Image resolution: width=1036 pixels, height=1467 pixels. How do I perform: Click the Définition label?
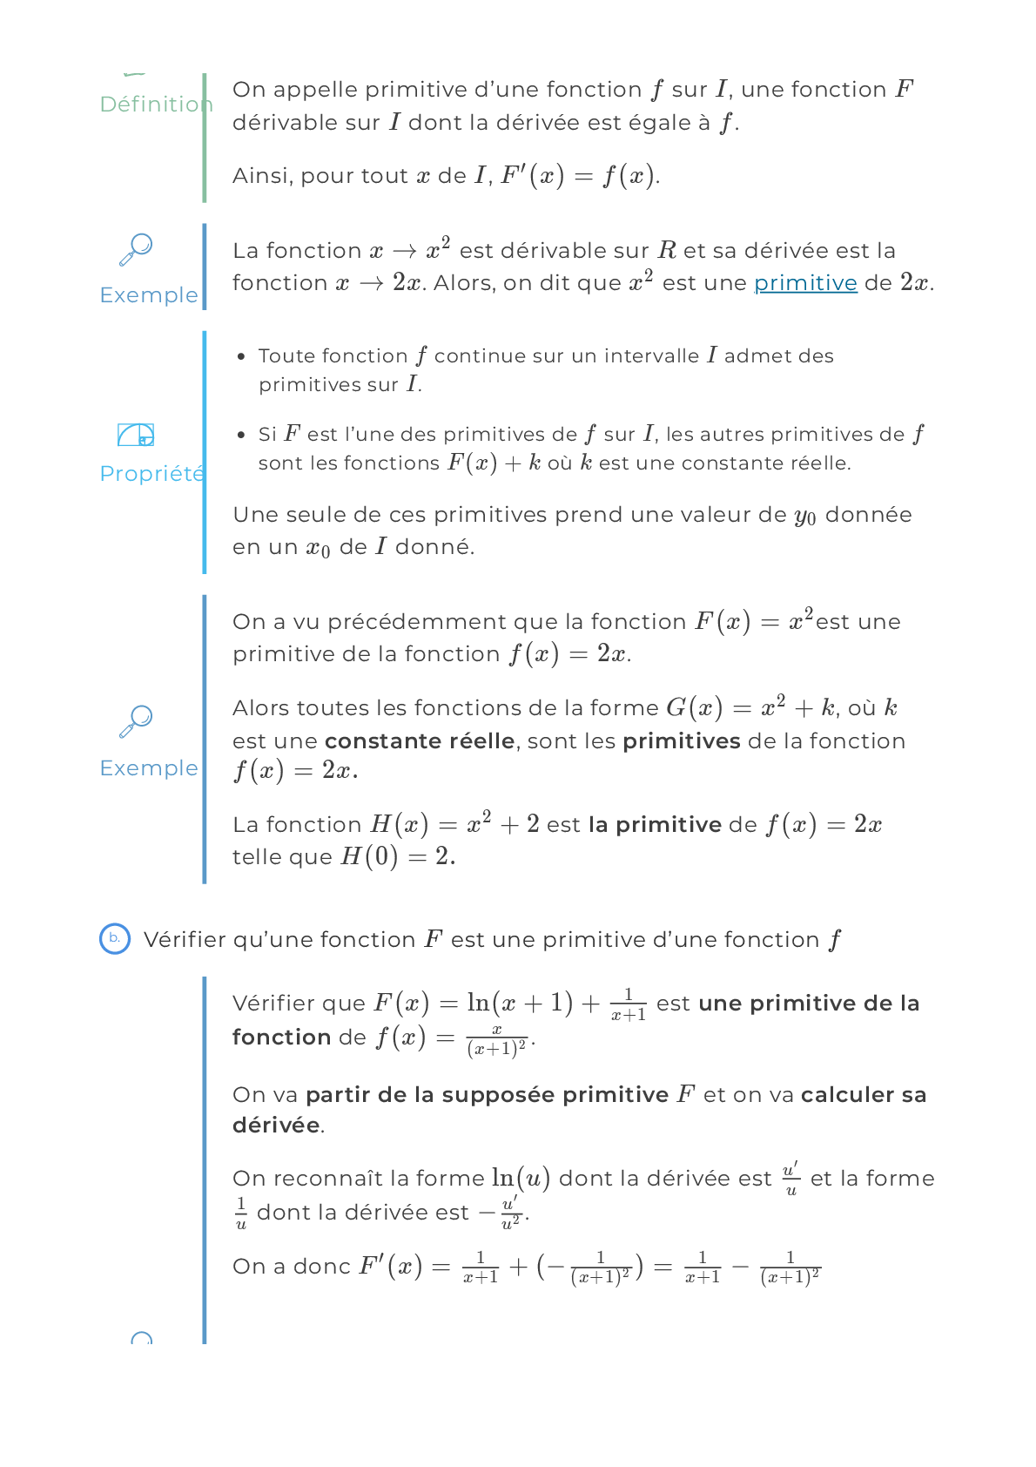tap(155, 104)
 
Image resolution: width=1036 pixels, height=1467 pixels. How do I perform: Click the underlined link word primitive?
tap(805, 283)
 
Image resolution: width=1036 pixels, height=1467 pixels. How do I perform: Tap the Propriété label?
tap(151, 473)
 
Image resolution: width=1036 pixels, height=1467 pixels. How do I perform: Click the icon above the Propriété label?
tap(136, 434)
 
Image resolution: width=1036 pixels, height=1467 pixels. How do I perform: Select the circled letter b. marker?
tap(114, 938)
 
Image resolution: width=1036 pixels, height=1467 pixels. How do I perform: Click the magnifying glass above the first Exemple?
tap(136, 249)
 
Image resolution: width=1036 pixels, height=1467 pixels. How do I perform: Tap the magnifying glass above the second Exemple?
tap(136, 721)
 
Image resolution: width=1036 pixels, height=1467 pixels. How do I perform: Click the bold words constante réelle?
tap(419, 740)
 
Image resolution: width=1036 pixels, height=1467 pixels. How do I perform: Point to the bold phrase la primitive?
tap(655, 824)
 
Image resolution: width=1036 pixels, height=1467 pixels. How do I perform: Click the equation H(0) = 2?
tap(397, 857)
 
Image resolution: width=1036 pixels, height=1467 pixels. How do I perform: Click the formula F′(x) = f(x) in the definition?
tap(577, 176)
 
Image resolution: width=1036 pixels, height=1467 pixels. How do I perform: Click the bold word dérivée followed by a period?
tap(276, 1125)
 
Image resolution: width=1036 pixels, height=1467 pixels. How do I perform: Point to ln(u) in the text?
tap(521, 1179)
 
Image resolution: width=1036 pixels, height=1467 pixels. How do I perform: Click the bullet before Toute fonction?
tap(241, 356)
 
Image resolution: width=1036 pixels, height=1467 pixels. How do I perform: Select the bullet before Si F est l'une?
tap(241, 434)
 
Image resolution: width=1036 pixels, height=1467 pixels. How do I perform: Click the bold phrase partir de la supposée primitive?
tap(487, 1094)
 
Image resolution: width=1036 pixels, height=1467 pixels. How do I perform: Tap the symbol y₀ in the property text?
tap(804, 516)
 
